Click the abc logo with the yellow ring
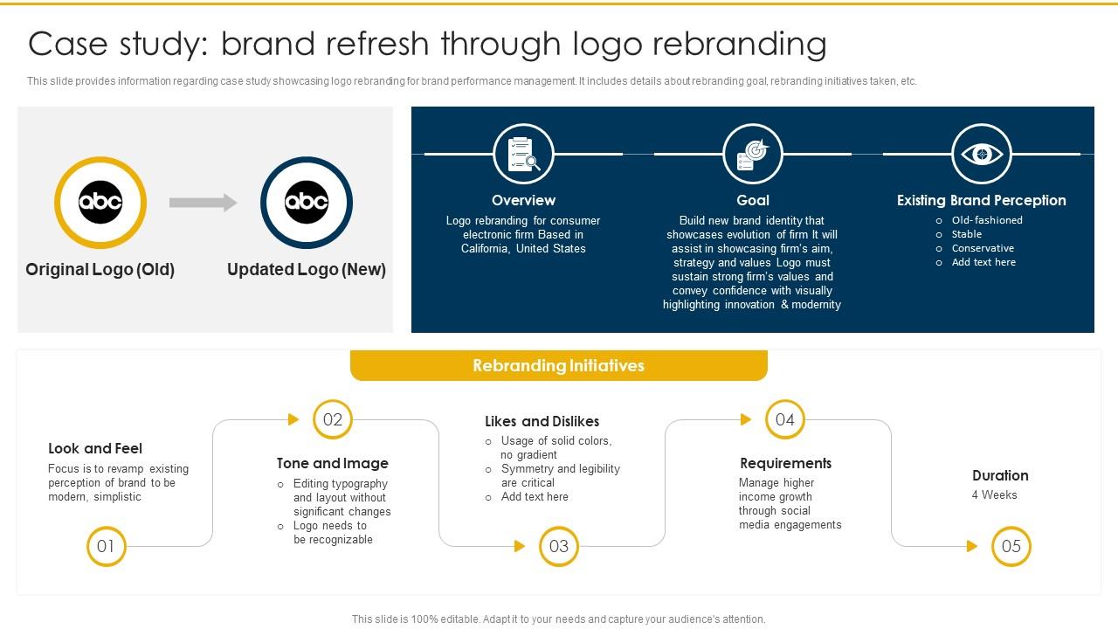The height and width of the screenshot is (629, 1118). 100,203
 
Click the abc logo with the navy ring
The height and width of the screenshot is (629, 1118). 307,203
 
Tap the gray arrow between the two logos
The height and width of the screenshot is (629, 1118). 203,203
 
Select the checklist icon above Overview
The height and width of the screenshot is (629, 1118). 523,154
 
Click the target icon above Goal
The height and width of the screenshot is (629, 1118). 752,154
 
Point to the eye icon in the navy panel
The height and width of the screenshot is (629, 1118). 982,154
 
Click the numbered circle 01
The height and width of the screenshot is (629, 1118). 106,547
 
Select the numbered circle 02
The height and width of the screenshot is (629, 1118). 333,419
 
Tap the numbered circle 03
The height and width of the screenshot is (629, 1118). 559,547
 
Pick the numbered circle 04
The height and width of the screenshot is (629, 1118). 785,419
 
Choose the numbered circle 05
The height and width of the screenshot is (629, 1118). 1011,547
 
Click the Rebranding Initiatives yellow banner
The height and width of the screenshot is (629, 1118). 558,365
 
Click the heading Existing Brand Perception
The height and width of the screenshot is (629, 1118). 981,200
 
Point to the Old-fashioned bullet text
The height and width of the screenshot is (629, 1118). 987,220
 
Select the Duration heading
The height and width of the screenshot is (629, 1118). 1000,475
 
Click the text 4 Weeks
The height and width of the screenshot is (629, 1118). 994,494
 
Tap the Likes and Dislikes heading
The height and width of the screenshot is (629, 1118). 542,421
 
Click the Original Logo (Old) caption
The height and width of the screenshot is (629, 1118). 100,269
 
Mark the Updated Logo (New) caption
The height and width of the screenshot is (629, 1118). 307,269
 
